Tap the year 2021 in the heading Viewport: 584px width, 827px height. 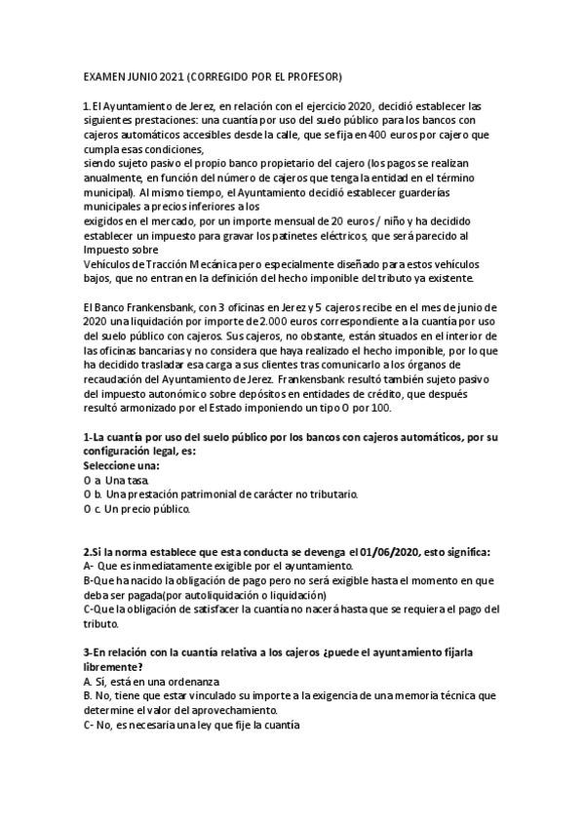click(x=169, y=75)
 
